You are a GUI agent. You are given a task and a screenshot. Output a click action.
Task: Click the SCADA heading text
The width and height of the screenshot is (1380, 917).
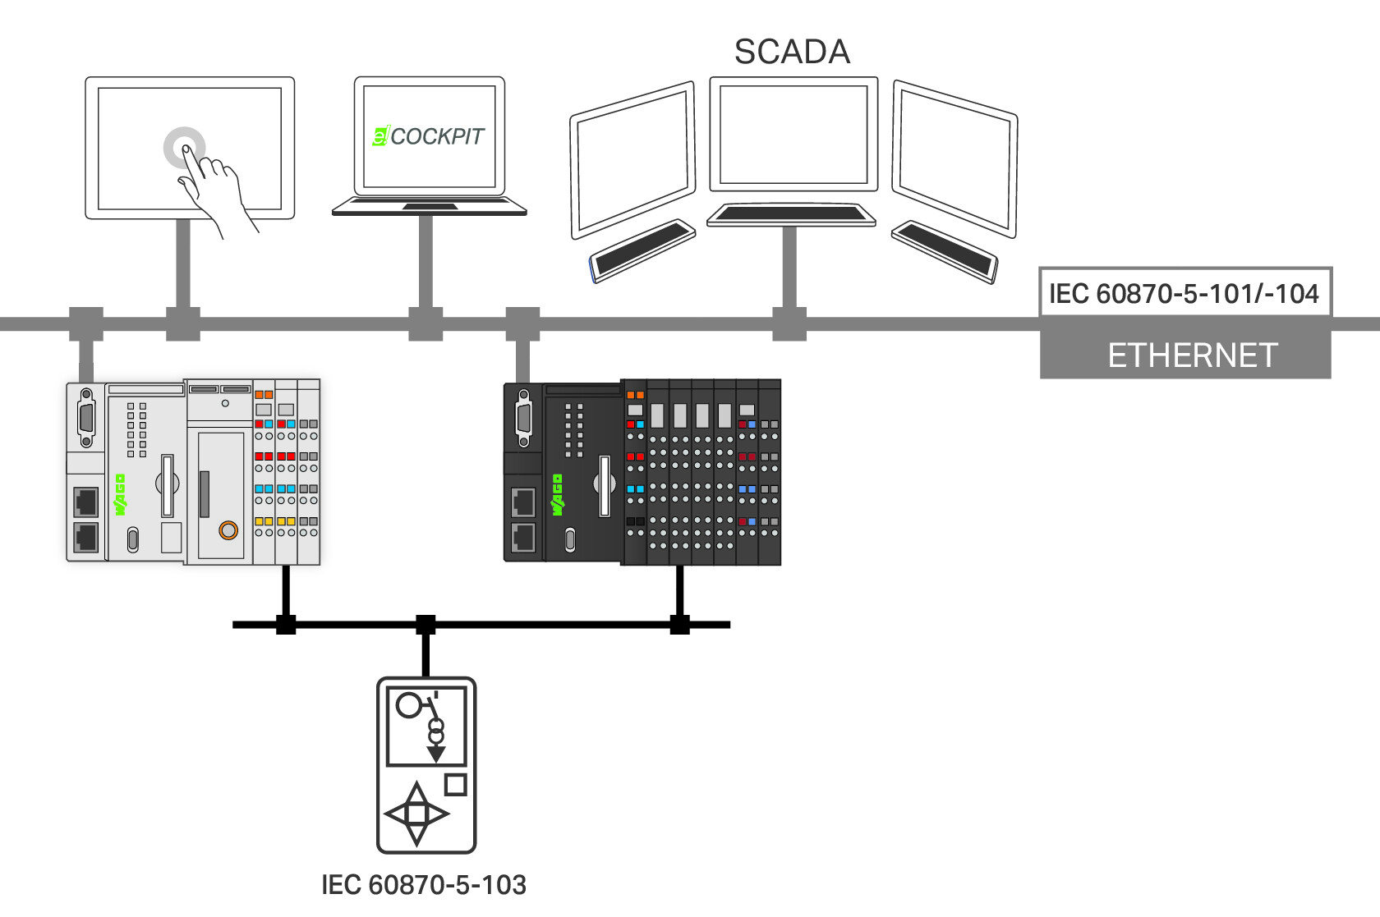792,52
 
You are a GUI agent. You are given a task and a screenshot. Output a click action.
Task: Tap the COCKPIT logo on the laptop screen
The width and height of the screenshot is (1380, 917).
428,136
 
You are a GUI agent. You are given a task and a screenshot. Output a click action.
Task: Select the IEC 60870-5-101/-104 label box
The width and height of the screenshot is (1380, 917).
1185,293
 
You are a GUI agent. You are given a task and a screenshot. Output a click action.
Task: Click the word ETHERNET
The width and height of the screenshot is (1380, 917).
1193,355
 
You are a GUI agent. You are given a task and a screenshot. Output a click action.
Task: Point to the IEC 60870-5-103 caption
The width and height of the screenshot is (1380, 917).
424,885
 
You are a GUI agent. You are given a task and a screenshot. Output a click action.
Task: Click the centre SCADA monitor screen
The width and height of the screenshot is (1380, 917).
793,135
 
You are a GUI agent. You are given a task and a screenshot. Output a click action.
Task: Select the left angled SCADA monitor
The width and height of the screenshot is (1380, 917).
632,160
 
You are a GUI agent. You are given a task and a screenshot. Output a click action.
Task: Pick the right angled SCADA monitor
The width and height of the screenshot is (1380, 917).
954,159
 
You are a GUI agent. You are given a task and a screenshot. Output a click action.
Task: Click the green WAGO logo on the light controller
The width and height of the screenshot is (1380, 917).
120,494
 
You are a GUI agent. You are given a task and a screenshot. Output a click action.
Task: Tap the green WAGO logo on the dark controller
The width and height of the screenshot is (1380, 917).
557,494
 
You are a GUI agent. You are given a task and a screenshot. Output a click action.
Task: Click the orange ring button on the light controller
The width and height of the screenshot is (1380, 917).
228,530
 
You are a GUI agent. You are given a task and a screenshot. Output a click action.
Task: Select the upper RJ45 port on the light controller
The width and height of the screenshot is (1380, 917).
86,502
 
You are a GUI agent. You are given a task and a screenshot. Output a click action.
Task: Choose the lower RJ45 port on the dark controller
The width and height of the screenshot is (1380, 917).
523,538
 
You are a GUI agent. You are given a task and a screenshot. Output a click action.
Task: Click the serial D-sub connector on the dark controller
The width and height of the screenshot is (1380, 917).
524,418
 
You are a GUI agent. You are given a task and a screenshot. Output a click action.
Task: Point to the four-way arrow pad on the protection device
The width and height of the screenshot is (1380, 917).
416,814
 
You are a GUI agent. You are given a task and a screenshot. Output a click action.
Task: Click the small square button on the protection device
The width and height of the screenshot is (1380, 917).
455,785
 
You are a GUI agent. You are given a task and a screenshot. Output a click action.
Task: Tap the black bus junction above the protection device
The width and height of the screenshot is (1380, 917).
425,625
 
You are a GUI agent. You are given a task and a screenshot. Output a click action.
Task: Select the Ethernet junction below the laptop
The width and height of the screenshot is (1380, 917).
425,324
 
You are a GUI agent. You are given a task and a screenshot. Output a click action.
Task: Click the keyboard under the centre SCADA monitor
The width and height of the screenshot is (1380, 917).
791,214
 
